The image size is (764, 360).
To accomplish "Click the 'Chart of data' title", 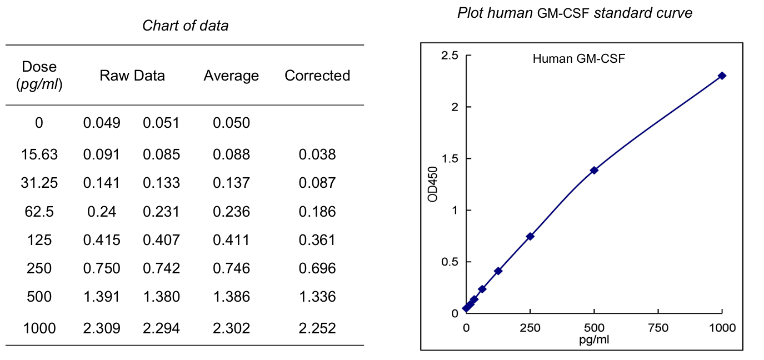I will [185, 26].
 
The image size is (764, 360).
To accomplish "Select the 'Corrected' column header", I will [317, 76].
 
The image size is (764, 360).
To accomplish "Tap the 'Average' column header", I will [231, 76].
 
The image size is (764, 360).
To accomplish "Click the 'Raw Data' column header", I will [132, 76].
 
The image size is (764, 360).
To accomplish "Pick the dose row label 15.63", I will [39, 154].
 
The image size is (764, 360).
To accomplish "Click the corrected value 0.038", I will [317, 154].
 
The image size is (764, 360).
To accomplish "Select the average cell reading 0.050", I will [231, 123].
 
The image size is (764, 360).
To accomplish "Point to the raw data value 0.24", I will [102, 212].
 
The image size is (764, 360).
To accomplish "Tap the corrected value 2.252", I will [317, 328].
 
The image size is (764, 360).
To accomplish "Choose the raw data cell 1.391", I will [102, 297].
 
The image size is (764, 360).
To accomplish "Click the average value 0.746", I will [231, 269].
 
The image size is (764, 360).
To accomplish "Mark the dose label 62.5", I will [39, 212].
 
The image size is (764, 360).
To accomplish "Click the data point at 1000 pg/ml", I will [722, 76].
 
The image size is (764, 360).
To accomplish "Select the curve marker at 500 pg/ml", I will [594, 170].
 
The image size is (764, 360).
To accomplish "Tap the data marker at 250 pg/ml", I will [530, 236].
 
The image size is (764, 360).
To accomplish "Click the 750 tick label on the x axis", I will [658, 328].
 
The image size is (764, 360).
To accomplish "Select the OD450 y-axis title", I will [434, 184].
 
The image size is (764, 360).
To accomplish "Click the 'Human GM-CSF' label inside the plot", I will [578, 59].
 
